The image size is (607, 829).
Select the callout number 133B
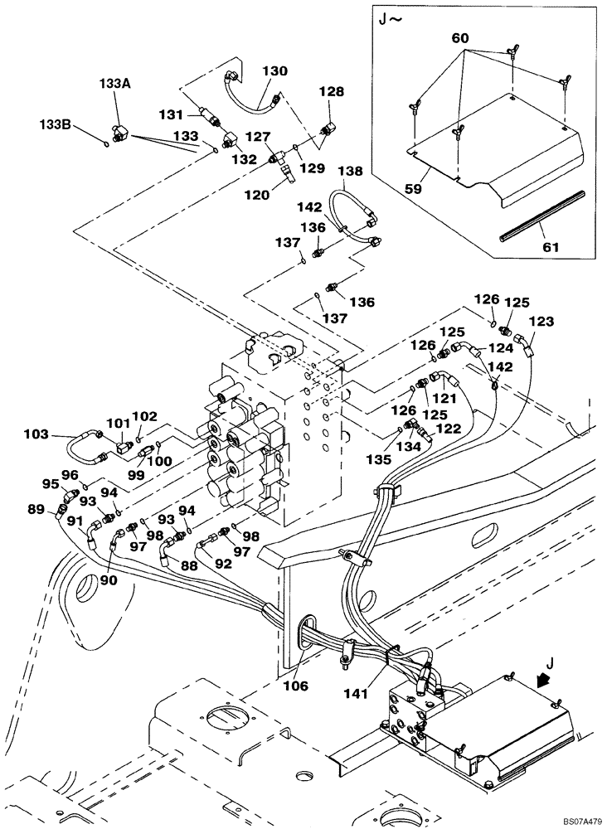[x=55, y=124]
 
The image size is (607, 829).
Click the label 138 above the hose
[x=351, y=172]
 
